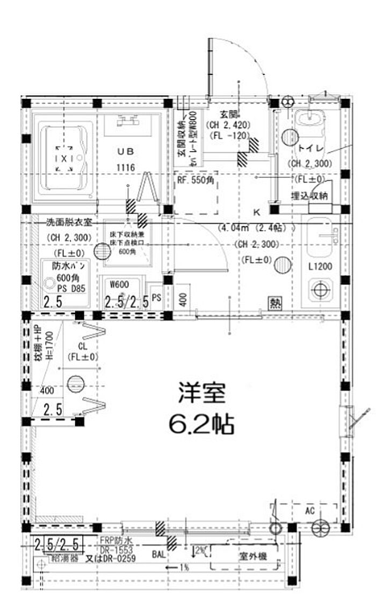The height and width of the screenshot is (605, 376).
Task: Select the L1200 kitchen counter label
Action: (x=320, y=267)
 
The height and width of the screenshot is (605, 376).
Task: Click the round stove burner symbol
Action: (x=320, y=290)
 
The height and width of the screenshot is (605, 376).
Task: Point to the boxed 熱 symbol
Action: (x=276, y=303)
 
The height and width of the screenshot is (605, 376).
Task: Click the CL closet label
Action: (x=83, y=346)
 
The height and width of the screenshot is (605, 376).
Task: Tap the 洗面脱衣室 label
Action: (x=69, y=222)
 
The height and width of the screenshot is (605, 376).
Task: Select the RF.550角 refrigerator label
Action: (x=196, y=181)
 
